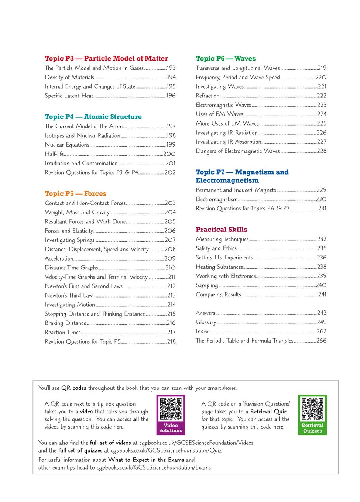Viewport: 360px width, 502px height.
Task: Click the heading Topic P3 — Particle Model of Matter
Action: tap(106, 58)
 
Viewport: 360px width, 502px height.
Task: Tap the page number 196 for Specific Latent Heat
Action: tap(171, 96)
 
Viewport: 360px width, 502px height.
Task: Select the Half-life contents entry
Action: tap(54, 154)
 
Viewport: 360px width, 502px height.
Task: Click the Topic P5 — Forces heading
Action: tap(75, 193)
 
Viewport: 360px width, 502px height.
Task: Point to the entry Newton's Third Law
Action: tap(69, 295)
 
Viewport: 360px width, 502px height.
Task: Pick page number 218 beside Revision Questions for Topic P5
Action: tap(171, 341)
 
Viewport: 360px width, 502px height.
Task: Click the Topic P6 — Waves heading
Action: tap(226, 58)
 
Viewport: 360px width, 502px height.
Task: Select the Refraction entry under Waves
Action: tap(208, 96)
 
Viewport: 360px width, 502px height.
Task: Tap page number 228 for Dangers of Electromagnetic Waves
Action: tap(322, 151)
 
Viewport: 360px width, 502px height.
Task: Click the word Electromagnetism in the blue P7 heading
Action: tap(227, 180)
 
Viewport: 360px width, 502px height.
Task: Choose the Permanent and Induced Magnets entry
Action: tap(236, 190)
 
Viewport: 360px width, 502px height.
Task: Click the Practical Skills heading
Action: tap(222, 230)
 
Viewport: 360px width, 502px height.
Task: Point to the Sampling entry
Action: tap(207, 285)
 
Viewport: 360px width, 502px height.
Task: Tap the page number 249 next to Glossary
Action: tap(322, 322)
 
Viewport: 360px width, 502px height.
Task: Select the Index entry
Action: tap(202, 331)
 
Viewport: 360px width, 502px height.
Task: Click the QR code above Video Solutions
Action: tap(171, 409)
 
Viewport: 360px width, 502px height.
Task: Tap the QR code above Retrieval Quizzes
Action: tap(312, 409)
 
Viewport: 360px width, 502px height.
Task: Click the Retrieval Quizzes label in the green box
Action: tap(312, 428)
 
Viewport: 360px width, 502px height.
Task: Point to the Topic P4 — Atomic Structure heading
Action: tap(93, 117)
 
